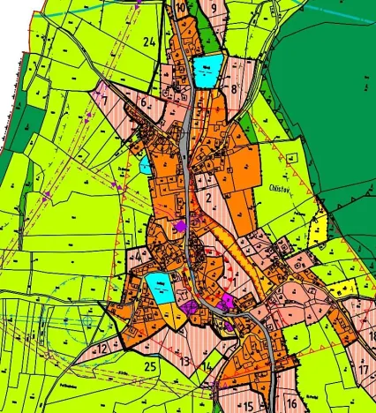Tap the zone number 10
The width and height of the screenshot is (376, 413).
click(181, 10)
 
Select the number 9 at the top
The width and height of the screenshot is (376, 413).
click(214, 7)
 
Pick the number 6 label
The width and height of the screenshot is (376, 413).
click(142, 101)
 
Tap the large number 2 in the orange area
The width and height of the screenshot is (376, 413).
click(208, 198)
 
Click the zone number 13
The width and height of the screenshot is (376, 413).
click(185, 362)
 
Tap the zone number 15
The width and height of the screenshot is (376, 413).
click(249, 405)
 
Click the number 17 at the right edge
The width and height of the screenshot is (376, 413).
click(364, 370)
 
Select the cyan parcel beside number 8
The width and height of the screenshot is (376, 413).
click(208, 71)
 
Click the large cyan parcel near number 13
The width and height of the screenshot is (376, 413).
click(160, 286)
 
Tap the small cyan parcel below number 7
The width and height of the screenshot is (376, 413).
click(145, 165)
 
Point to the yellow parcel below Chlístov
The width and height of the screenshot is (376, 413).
click(319, 231)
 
